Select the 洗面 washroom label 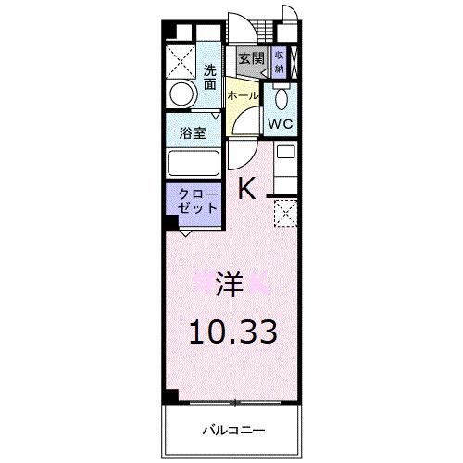[x=211, y=76]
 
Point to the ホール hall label [x=242, y=95]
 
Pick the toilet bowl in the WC [x=283, y=98]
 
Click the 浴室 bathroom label [x=192, y=132]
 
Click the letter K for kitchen [x=246, y=188]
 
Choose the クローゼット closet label [x=193, y=201]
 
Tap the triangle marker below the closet [x=186, y=233]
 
